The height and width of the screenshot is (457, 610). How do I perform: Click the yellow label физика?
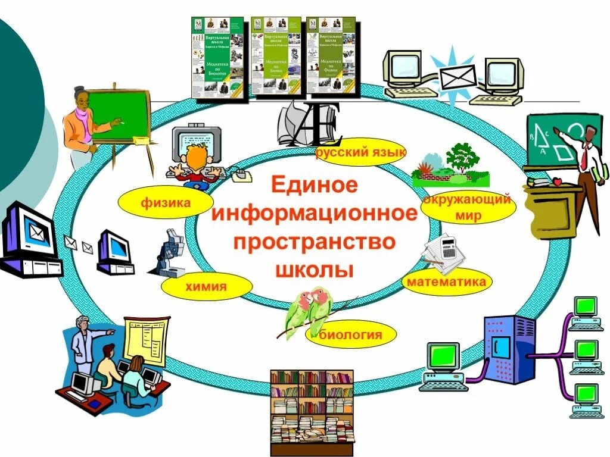(165, 204)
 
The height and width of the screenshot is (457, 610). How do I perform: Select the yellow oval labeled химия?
(206, 287)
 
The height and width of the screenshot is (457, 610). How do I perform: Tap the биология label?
(351, 335)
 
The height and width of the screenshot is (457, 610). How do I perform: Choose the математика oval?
(446, 281)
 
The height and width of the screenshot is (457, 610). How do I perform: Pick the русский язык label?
(362, 153)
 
